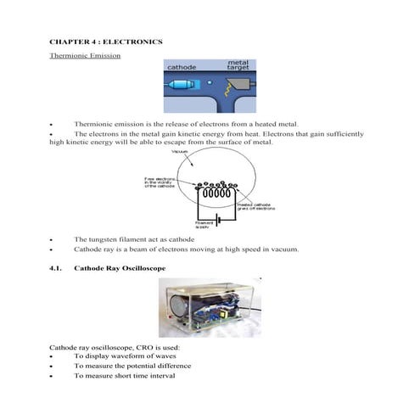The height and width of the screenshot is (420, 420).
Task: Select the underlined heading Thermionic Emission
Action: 85,56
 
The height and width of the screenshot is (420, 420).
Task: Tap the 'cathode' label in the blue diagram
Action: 184,66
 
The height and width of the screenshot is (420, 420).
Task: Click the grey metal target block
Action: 243,86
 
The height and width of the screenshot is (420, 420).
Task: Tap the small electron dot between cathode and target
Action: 208,84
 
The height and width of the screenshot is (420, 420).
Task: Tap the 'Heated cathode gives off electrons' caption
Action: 255,206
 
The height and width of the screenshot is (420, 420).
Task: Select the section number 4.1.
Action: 57,268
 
